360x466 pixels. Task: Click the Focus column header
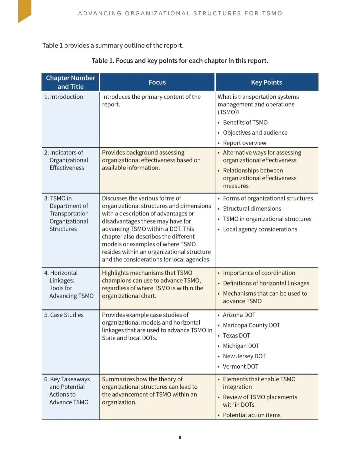(x=157, y=82)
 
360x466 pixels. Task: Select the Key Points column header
(x=266, y=82)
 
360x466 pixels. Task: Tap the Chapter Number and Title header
(x=70, y=82)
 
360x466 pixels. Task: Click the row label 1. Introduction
(x=64, y=97)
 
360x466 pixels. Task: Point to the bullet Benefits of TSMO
(x=245, y=122)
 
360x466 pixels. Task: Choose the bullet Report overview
(x=244, y=143)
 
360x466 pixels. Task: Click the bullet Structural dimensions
(x=252, y=208)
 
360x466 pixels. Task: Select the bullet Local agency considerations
(x=260, y=229)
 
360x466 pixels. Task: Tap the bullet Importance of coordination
(x=259, y=273)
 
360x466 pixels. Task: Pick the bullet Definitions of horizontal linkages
(x=266, y=283)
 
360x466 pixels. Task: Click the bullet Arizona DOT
(x=239, y=315)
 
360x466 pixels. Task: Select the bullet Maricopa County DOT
(x=251, y=325)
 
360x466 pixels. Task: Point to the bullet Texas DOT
(x=236, y=336)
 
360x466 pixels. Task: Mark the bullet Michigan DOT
(x=241, y=346)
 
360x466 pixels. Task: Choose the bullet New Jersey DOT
(x=244, y=356)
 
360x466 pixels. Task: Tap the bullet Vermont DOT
(x=240, y=367)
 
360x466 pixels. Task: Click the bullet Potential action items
(x=251, y=415)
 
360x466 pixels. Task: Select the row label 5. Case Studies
(x=64, y=315)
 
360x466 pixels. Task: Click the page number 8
(x=180, y=437)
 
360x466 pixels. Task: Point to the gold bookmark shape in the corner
(x=25, y=10)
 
